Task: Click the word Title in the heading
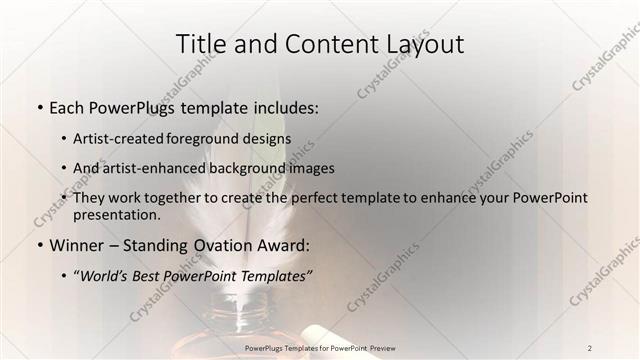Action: coord(200,45)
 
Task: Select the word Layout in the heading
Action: coord(421,45)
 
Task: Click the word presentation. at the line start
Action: coord(116,215)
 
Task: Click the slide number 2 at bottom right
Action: coord(590,347)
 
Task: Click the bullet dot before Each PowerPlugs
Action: coord(39,107)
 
